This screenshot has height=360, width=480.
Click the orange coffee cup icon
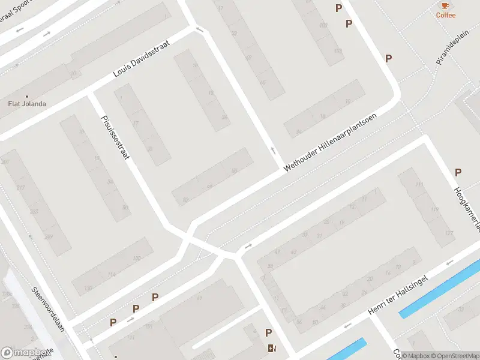(445, 5)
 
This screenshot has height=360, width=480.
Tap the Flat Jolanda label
(26, 104)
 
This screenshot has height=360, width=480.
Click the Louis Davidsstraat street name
(142, 59)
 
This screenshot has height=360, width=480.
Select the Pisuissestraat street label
(115, 136)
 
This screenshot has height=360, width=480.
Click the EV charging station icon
(272, 349)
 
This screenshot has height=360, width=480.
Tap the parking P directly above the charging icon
(268, 333)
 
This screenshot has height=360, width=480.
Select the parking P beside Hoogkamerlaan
(458, 172)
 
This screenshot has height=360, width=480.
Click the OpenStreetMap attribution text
(454, 356)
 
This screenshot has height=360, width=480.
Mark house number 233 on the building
(34, 212)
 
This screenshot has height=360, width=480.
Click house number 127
(448, 233)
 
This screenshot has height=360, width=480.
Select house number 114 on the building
(111, 275)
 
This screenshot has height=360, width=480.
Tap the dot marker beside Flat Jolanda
(26, 95)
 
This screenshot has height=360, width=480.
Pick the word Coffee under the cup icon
(445, 16)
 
